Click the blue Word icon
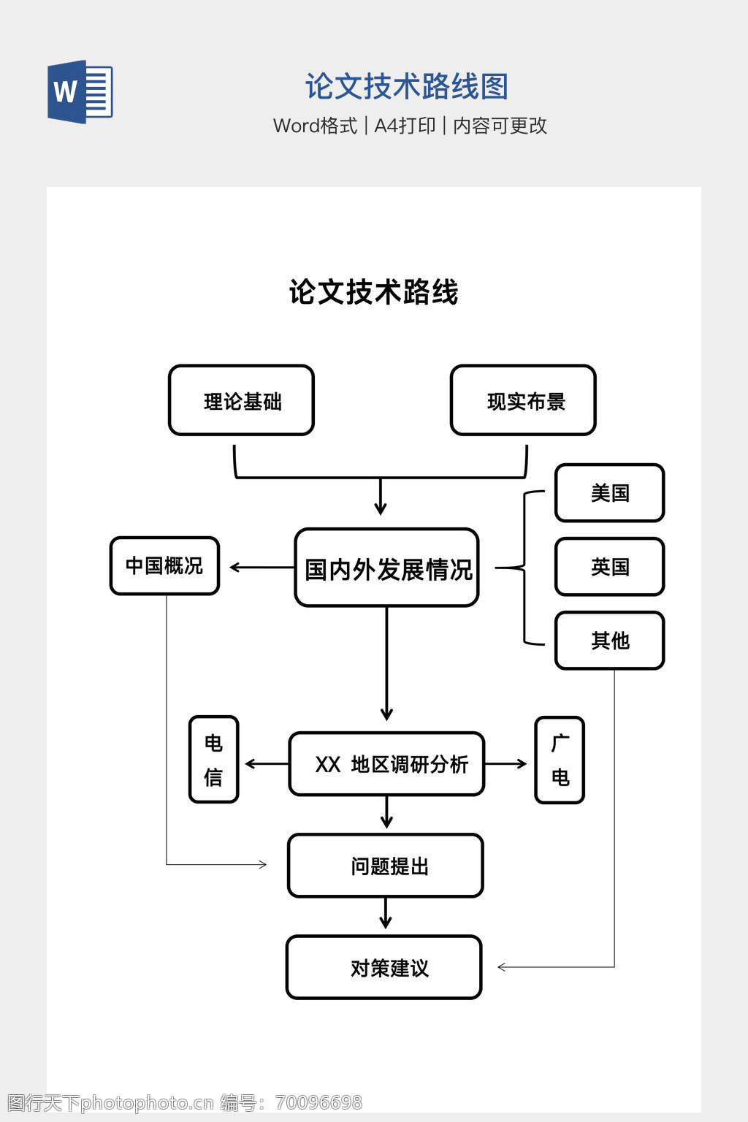(80, 92)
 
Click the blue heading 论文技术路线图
(406, 87)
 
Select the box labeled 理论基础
(242, 401)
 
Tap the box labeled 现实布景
(524, 401)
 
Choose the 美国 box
(610, 493)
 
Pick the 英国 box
(610, 567)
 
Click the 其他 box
(610, 641)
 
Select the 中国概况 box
(165, 566)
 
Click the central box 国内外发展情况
(387, 568)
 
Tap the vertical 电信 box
(214, 760)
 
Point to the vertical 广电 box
(560, 760)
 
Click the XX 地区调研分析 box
(387, 764)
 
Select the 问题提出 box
(386, 866)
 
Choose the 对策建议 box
(385, 967)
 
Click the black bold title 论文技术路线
(373, 292)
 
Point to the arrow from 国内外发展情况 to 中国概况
(262, 567)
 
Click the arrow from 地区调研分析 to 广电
(505, 764)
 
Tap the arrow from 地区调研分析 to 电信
(267, 764)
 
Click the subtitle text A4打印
(405, 126)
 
